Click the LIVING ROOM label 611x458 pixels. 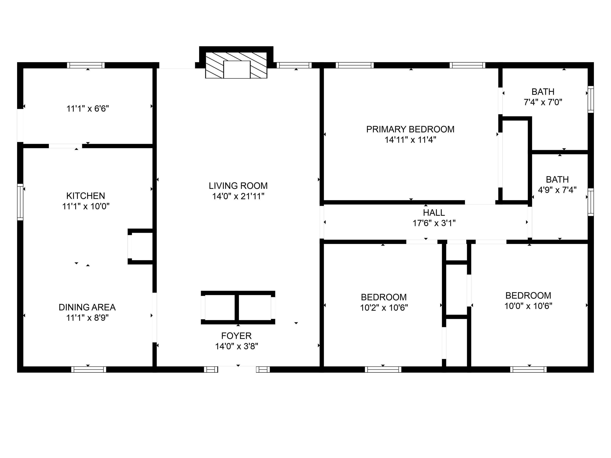(x=238, y=186)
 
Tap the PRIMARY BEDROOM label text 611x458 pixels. (x=410, y=129)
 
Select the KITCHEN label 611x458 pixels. (x=86, y=196)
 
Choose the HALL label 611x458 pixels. (x=434, y=213)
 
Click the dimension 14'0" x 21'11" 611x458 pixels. (x=238, y=196)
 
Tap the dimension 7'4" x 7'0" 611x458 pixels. (x=543, y=102)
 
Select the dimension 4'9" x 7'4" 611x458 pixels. (x=557, y=190)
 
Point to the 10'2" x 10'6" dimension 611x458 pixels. (x=384, y=308)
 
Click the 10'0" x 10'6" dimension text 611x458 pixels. (x=528, y=306)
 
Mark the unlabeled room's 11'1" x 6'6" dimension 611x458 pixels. (x=88, y=108)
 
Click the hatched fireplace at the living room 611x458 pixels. (x=236, y=65)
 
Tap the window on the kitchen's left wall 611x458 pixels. (x=20, y=202)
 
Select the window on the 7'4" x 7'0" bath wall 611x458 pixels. (x=591, y=99)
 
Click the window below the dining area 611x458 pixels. (x=89, y=369)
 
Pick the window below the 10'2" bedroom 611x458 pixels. (x=383, y=369)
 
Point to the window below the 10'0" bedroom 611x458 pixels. (x=528, y=369)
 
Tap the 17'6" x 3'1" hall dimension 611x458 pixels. (x=434, y=223)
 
